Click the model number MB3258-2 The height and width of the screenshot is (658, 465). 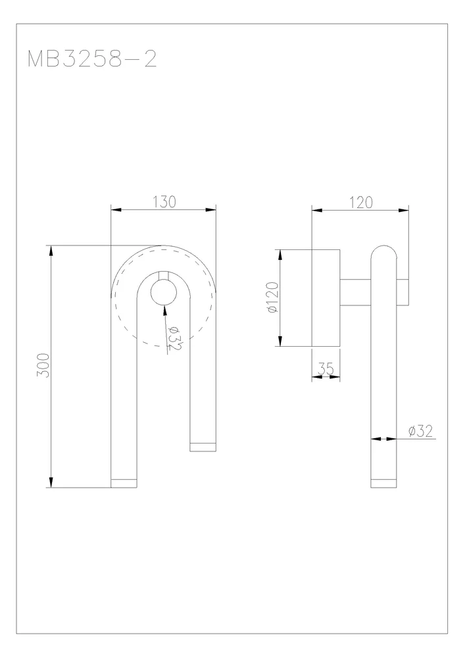(x=92, y=59)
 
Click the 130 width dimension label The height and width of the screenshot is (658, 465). (x=164, y=202)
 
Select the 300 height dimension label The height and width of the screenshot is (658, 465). (x=43, y=365)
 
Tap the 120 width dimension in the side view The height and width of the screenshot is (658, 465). (x=361, y=203)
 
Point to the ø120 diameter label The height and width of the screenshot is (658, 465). (x=272, y=297)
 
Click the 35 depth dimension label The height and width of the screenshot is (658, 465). (x=326, y=368)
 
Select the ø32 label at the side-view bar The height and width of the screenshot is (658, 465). (x=420, y=431)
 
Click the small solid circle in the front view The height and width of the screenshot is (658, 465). (x=164, y=291)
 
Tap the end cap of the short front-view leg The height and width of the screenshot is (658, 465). (x=203, y=447)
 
